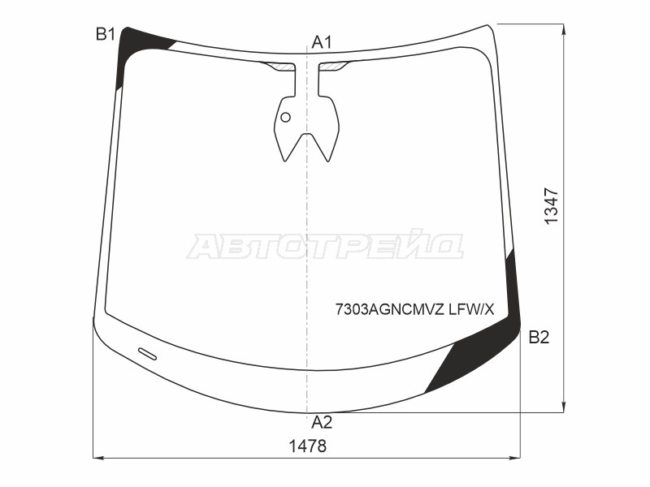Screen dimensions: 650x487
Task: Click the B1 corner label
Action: (106, 34)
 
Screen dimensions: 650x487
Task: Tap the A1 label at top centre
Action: (322, 42)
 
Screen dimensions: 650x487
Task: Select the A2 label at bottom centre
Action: (322, 422)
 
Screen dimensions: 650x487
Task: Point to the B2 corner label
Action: (539, 338)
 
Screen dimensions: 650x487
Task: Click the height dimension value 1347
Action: (552, 206)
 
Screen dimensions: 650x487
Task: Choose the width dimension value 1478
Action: (308, 446)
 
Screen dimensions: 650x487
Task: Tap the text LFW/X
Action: (472, 309)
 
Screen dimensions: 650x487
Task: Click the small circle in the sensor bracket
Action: (286, 117)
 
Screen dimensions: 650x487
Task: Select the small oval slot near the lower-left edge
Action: (148, 354)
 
